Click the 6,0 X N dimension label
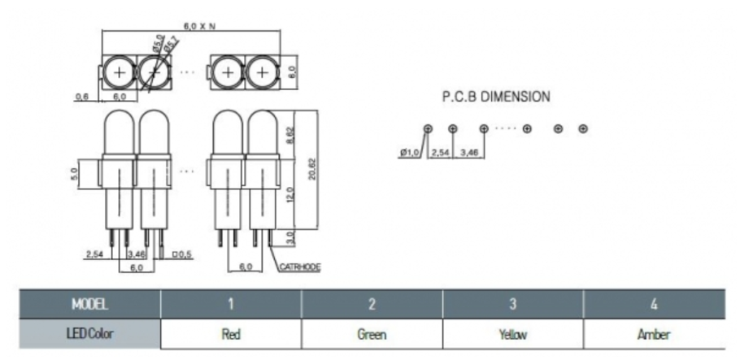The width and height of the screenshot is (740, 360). [199, 26]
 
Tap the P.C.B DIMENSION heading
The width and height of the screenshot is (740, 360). [495, 96]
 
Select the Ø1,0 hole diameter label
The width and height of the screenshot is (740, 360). [411, 152]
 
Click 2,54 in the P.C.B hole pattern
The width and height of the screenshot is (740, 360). [440, 152]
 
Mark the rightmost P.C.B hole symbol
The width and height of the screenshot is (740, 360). [583, 128]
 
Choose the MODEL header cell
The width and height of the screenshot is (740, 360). [89, 305]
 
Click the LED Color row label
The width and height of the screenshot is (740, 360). [89, 334]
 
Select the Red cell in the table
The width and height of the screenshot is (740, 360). [231, 334]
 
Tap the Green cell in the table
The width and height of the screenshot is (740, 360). [372, 334]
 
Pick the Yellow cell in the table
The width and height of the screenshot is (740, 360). [512, 334]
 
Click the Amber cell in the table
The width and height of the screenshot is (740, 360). [653, 334]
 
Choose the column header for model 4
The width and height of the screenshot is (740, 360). [653, 305]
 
